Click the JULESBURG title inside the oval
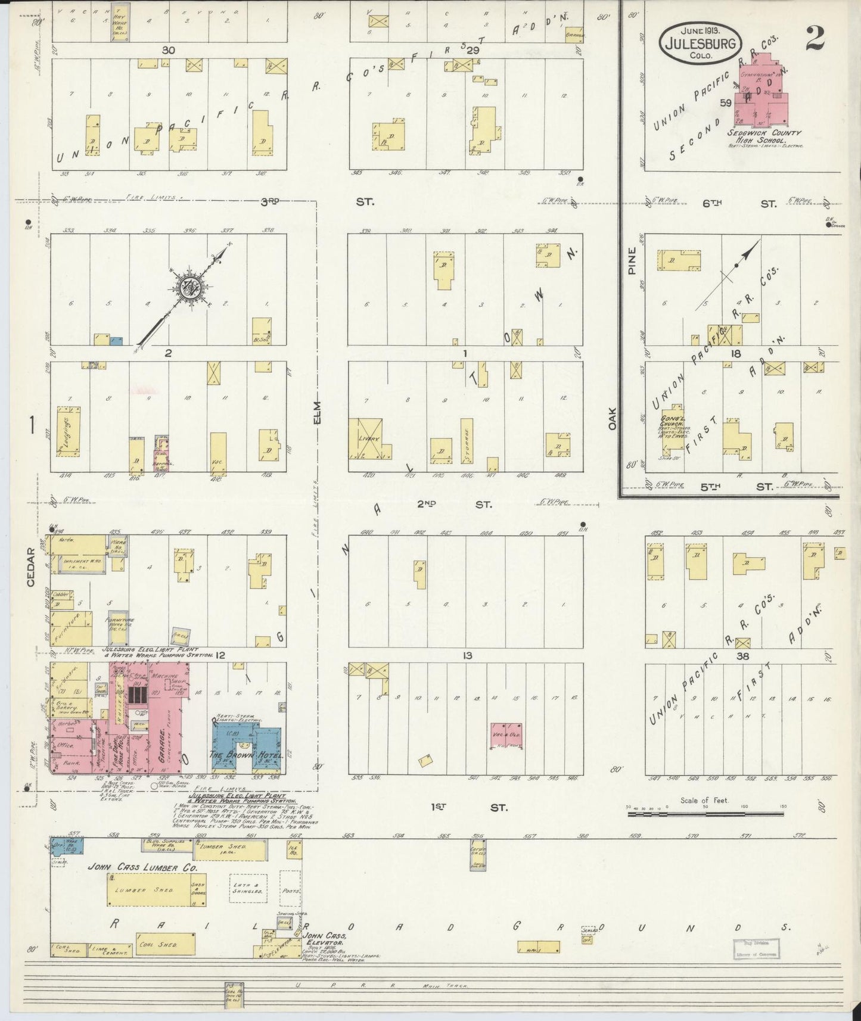tap(701, 43)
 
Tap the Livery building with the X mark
tap(365, 439)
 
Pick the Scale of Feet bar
tap(706, 811)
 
